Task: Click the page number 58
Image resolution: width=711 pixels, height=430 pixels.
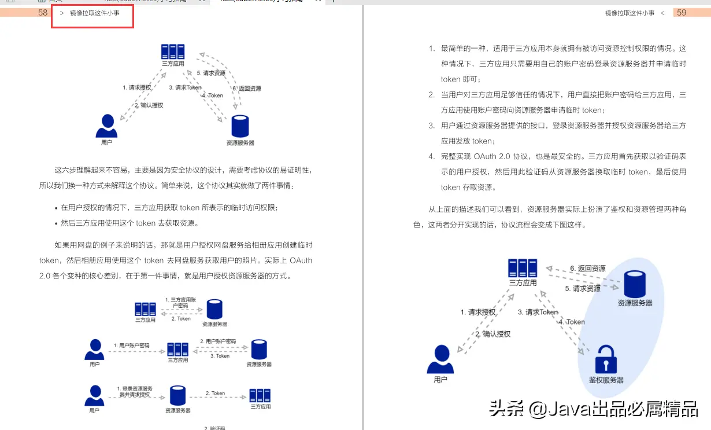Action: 43,12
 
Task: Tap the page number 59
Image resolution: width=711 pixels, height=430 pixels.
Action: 682,12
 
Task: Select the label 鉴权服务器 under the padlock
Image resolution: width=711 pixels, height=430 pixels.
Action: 606,380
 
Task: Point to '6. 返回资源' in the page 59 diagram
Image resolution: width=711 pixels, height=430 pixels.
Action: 588,269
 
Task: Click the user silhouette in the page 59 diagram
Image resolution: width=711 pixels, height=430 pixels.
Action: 441,359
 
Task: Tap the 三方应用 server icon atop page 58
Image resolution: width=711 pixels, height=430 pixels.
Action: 173,52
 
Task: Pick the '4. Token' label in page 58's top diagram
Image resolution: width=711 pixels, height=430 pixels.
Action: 213,95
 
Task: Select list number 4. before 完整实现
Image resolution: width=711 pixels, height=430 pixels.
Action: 431,156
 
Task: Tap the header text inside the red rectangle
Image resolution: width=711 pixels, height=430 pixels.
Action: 95,13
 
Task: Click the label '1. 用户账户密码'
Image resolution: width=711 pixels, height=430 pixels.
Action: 131,346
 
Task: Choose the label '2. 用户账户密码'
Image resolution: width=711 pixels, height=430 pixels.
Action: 218,341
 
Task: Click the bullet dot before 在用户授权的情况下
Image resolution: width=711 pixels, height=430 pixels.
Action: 55,207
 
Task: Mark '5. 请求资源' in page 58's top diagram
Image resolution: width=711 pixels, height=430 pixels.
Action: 211,73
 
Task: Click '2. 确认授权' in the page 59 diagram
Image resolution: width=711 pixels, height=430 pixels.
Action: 493,334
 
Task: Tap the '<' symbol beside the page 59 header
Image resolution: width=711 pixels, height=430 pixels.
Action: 662,13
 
